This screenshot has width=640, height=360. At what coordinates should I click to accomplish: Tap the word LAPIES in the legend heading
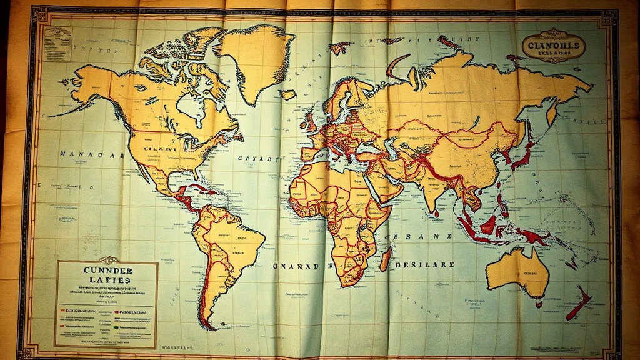coord(106,281)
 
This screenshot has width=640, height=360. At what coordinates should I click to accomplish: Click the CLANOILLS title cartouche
coord(554,47)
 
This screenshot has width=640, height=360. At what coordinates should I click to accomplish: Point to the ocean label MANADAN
coord(89,153)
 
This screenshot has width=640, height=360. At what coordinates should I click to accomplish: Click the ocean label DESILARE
coord(426,264)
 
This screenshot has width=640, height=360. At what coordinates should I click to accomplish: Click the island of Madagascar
coord(386,258)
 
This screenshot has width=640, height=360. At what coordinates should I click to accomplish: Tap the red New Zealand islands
coord(579,304)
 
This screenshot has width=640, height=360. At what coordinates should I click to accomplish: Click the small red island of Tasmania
coord(538,304)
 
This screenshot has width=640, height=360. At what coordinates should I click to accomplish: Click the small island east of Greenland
coord(287,94)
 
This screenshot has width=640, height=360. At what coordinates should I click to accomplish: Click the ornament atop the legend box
coord(107,259)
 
